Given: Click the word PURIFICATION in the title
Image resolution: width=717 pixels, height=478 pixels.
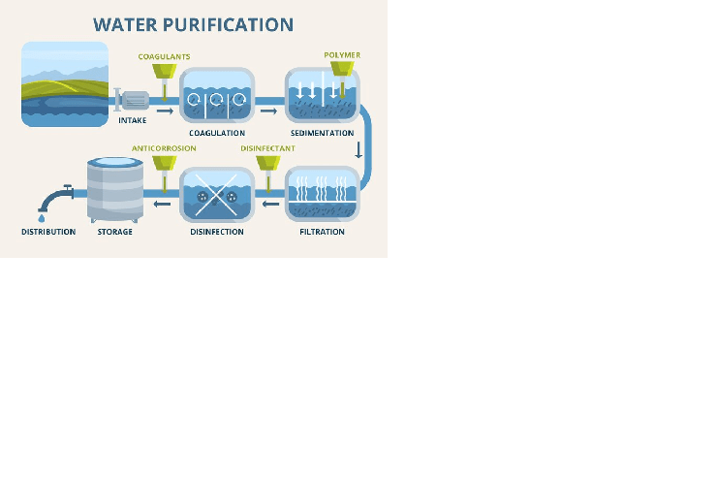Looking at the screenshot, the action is tap(228, 24).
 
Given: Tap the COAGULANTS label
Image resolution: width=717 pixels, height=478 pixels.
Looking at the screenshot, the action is tap(164, 56).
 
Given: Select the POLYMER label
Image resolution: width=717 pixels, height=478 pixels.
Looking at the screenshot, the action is tap(342, 55).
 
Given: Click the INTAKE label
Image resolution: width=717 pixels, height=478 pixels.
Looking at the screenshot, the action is tap(133, 120).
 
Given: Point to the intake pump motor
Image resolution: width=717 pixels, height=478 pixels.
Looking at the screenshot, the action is tap(136, 101).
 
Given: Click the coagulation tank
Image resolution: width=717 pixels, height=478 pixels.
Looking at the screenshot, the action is tap(217, 95).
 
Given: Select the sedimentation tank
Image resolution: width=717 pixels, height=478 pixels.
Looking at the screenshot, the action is tap(322, 95).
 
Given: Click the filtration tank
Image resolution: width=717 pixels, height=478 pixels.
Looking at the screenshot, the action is tap(322, 194).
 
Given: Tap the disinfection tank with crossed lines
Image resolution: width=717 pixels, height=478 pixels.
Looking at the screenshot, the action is tap(217, 194).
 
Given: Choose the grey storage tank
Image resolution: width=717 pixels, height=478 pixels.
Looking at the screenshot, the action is tap(115, 190).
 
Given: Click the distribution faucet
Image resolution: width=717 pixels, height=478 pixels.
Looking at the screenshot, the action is tap(56, 198).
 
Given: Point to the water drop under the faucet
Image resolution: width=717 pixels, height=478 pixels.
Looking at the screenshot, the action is tap(42, 218).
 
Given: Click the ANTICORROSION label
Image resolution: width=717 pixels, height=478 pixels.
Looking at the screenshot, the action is tap(164, 148).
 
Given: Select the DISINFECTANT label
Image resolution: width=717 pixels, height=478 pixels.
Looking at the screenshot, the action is tap(267, 148).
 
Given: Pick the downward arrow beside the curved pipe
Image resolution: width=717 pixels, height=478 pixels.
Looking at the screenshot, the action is tap(358, 150).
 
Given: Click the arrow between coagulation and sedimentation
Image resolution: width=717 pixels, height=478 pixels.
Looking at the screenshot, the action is tap(269, 112).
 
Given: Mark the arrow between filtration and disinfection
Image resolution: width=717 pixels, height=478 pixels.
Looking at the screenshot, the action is tap(270, 204).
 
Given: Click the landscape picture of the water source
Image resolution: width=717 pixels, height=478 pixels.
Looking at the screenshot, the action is tap(65, 84).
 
